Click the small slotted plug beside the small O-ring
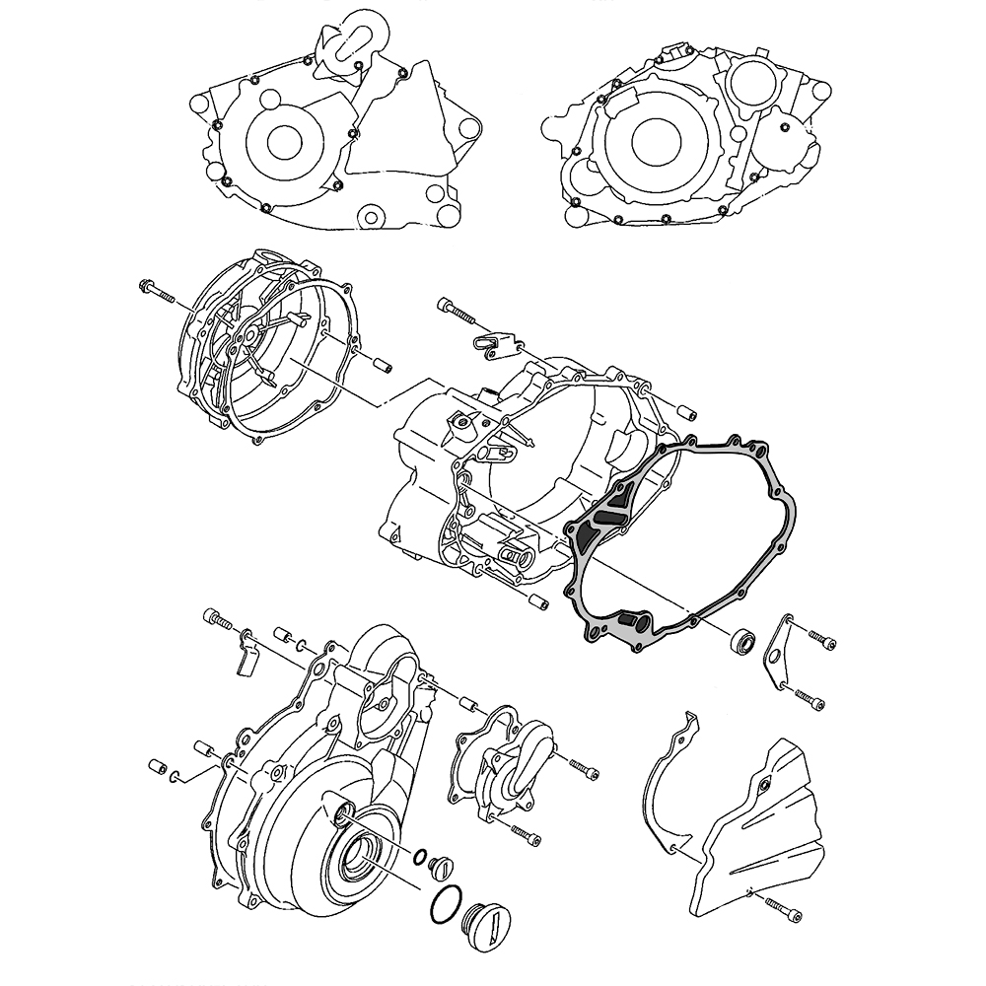pyautogui.click(x=441, y=868)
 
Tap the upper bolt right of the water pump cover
pyautogui.click(x=581, y=766)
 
